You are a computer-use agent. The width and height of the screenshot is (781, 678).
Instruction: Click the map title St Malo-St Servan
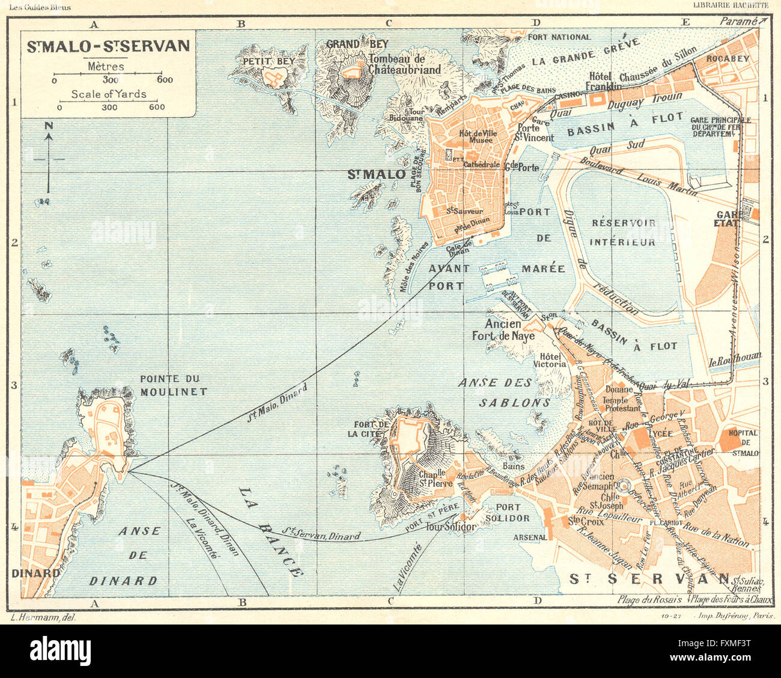108,46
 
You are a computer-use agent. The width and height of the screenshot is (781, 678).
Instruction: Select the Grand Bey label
357,44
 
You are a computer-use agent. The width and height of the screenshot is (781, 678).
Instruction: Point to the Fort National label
559,37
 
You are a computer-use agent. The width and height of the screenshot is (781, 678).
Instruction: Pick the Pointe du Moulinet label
173,385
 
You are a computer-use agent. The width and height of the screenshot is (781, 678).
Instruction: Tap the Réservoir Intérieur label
624,233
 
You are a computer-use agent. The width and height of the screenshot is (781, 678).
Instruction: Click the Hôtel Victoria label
550,360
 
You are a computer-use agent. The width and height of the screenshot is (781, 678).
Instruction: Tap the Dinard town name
36,573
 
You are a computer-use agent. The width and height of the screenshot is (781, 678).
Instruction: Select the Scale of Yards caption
109,94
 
